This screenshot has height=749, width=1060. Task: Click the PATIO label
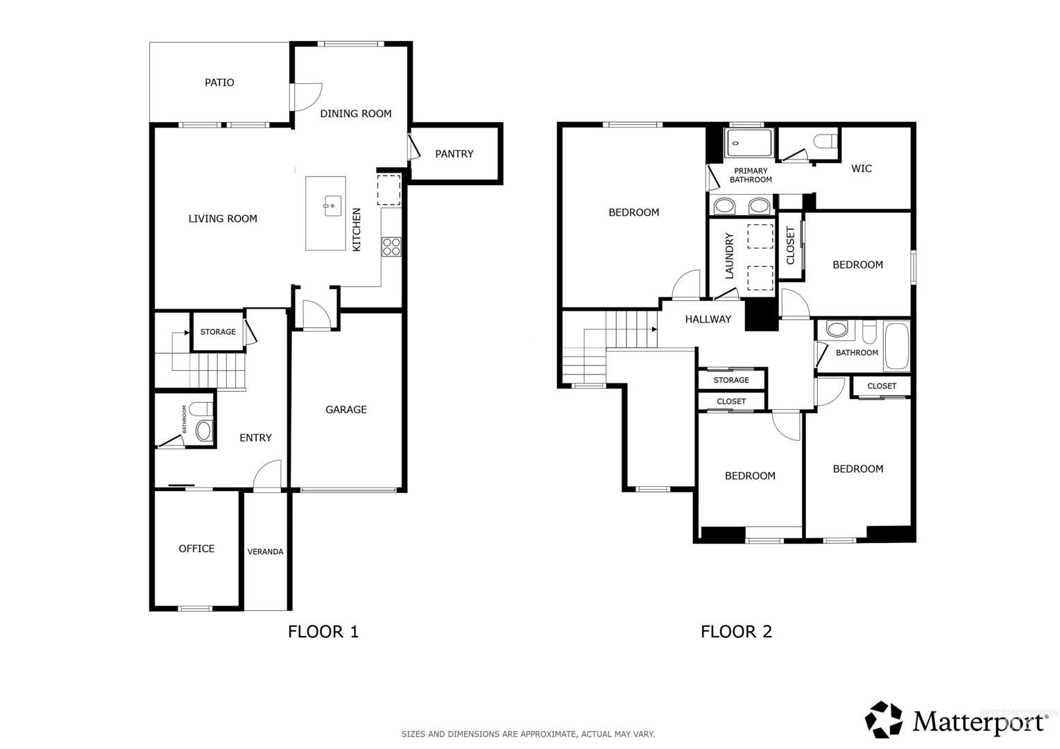219,83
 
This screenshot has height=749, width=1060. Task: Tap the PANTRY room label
454,154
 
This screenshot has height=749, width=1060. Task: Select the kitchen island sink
332,206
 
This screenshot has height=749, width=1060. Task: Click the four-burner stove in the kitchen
391,246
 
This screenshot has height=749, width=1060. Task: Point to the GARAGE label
346,409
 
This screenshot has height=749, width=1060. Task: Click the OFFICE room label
196,549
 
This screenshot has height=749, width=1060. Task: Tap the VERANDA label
266,552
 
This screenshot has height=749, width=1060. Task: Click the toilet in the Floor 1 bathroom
202,408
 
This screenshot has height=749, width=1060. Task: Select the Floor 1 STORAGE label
218,332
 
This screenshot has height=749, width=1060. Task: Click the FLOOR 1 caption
323,632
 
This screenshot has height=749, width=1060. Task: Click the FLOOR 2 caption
736,632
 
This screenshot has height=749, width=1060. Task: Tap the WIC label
862,169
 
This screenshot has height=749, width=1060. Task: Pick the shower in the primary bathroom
750,142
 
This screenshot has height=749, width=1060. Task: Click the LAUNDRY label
729,255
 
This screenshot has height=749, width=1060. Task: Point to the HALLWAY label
708,320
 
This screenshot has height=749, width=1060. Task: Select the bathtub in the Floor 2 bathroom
897,346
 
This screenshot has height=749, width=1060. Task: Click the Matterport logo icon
884,720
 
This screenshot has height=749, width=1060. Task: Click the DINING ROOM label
356,114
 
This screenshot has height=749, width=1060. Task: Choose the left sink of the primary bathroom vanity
724,206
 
